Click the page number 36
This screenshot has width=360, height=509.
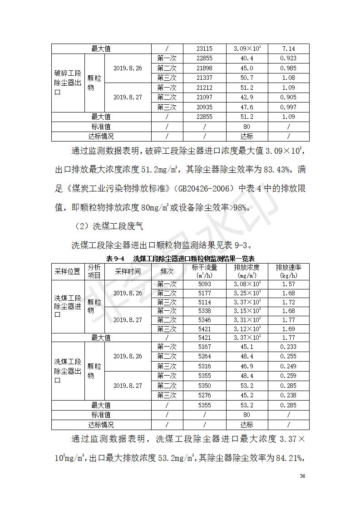302,476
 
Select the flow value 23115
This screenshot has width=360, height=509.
205,49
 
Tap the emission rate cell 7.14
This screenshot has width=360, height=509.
288,49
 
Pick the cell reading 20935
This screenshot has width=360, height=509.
205,107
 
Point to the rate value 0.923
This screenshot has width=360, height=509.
288,59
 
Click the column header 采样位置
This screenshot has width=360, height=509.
68,271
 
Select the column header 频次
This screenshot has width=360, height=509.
167,271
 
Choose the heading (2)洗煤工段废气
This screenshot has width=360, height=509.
101,226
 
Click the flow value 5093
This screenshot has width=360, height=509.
205,284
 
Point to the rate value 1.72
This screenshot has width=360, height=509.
288,302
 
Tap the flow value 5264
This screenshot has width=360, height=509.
205,357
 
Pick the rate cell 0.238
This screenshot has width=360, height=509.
288,395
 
